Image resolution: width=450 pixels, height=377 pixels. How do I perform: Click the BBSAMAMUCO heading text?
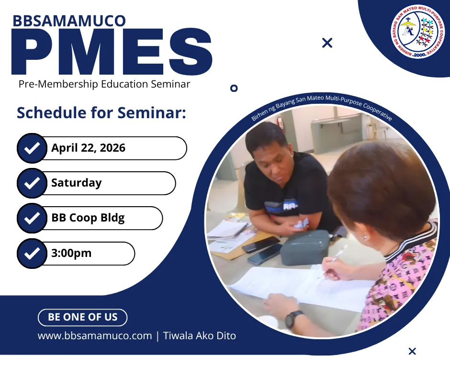coord(69,21)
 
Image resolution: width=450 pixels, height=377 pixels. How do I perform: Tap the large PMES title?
coord(112,52)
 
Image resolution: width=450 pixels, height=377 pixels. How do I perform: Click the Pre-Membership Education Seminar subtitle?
coord(104,84)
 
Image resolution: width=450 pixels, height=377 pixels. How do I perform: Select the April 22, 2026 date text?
coord(89,148)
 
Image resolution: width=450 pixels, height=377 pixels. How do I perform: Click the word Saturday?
coord(76,183)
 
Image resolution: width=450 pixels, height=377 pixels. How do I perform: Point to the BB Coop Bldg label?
coord(88,218)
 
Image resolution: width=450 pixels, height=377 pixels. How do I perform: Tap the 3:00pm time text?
coord(71,253)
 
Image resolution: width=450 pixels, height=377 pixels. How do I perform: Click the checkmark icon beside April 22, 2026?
coord(32,148)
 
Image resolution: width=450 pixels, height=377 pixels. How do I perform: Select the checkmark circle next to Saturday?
coord(32,183)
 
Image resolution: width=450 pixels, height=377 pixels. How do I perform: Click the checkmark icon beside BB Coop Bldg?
coord(32,218)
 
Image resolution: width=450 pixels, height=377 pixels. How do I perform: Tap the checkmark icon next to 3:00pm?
coord(32,254)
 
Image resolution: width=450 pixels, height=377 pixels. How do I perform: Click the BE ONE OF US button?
coord(83,317)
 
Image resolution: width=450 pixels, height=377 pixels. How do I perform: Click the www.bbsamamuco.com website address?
coord(95,336)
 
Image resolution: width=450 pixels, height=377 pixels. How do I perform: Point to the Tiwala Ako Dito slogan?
coord(200,336)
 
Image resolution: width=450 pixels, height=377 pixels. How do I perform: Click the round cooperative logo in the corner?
coord(417,31)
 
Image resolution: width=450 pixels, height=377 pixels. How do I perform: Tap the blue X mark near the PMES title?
coord(327,43)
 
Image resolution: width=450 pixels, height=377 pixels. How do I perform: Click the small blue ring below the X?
coord(234,88)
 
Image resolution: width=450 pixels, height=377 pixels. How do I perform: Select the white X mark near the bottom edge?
coord(412,351)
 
